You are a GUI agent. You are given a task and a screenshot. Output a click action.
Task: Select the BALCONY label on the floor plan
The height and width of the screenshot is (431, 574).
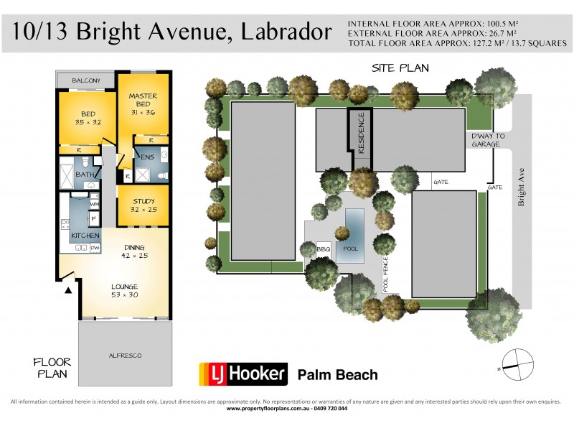(x=85, y=80)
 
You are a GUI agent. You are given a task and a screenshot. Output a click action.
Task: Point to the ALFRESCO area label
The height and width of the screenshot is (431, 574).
(x=124, y=355)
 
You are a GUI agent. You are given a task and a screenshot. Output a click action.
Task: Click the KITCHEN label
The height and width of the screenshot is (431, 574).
(x=85, y=236)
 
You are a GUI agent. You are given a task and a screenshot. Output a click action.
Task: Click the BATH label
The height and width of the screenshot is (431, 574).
(x=84, y=175)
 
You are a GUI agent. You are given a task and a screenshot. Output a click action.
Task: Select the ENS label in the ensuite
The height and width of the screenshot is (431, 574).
(x=147, y=157)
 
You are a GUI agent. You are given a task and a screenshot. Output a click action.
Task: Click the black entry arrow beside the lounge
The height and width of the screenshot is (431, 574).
(x=69, y=289)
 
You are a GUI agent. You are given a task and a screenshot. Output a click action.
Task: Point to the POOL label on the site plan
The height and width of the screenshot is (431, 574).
(x=350, y=249)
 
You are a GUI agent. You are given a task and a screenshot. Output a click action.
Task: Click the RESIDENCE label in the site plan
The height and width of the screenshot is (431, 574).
(x=362, y=134)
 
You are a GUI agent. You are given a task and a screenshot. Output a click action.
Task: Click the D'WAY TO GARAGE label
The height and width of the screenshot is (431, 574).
(x=488, y=140)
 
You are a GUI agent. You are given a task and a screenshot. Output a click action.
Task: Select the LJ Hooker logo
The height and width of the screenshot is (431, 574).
(x=243, y=374)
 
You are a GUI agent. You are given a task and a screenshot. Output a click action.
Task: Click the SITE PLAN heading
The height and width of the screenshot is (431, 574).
(x=400, y=68)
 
